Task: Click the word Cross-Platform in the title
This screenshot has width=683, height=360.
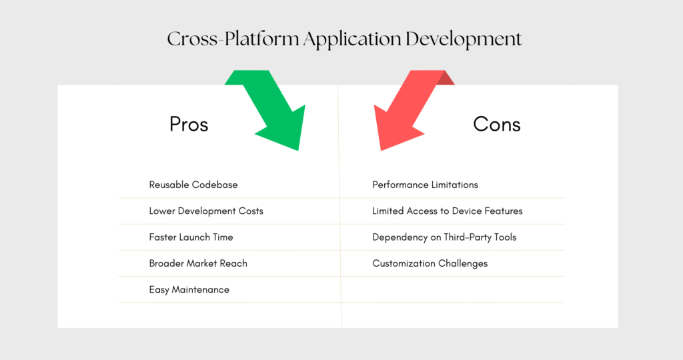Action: click(233, 39)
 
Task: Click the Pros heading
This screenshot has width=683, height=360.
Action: click(189, 124)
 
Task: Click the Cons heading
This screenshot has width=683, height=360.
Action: click(497, 124)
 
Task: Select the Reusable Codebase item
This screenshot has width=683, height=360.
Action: click(193, 185)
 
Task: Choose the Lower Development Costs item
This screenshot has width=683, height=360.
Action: click(206, 211)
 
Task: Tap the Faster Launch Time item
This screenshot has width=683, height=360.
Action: click(191, 237)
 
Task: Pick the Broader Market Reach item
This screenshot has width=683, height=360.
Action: click(198, 263)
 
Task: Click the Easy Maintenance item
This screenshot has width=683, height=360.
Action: click(189, 290)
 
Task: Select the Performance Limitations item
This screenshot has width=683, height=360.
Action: click(425, 185)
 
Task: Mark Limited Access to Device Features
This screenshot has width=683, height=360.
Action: click(447, 211)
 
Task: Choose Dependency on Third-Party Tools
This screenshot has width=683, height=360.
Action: click(444, 237)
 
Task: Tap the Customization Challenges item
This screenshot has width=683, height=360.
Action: click(430, 263)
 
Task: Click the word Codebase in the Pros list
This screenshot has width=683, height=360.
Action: click(215, 185)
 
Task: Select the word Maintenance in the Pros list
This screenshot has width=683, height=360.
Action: click(200, 290)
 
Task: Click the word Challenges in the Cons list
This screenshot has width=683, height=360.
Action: click(462, 263)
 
